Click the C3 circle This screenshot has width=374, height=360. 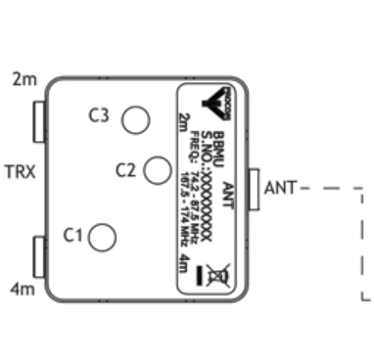(134, 119)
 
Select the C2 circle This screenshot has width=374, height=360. (157, 170)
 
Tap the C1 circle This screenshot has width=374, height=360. (103, 237)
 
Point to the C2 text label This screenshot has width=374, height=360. (125, 170)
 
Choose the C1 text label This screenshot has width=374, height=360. (72, 235)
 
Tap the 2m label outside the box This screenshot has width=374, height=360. (21, 76)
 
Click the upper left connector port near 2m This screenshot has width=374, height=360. (40, 121)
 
